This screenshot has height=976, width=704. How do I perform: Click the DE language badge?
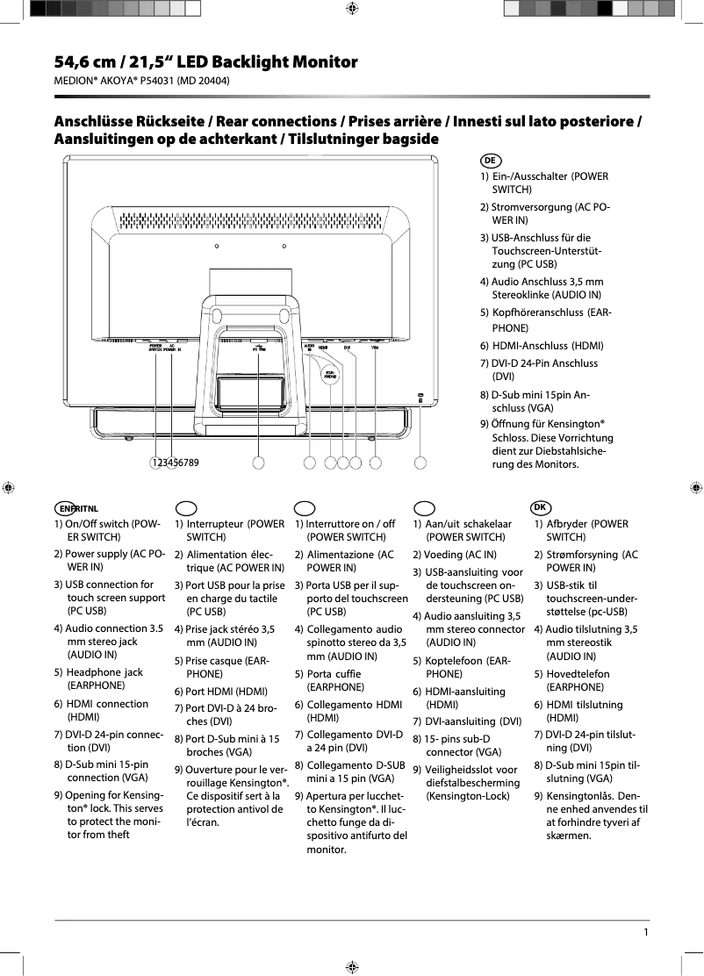(491, 161)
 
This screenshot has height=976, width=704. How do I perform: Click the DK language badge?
(542, 507)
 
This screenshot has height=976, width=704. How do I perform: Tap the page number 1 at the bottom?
(646, 932)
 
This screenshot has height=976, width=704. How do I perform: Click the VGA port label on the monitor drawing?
(375, 347)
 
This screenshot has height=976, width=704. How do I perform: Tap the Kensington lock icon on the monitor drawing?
(420, 397)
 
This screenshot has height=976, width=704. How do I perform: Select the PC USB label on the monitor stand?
(260, 348)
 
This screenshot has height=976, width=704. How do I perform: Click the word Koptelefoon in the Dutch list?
(453, 660)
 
